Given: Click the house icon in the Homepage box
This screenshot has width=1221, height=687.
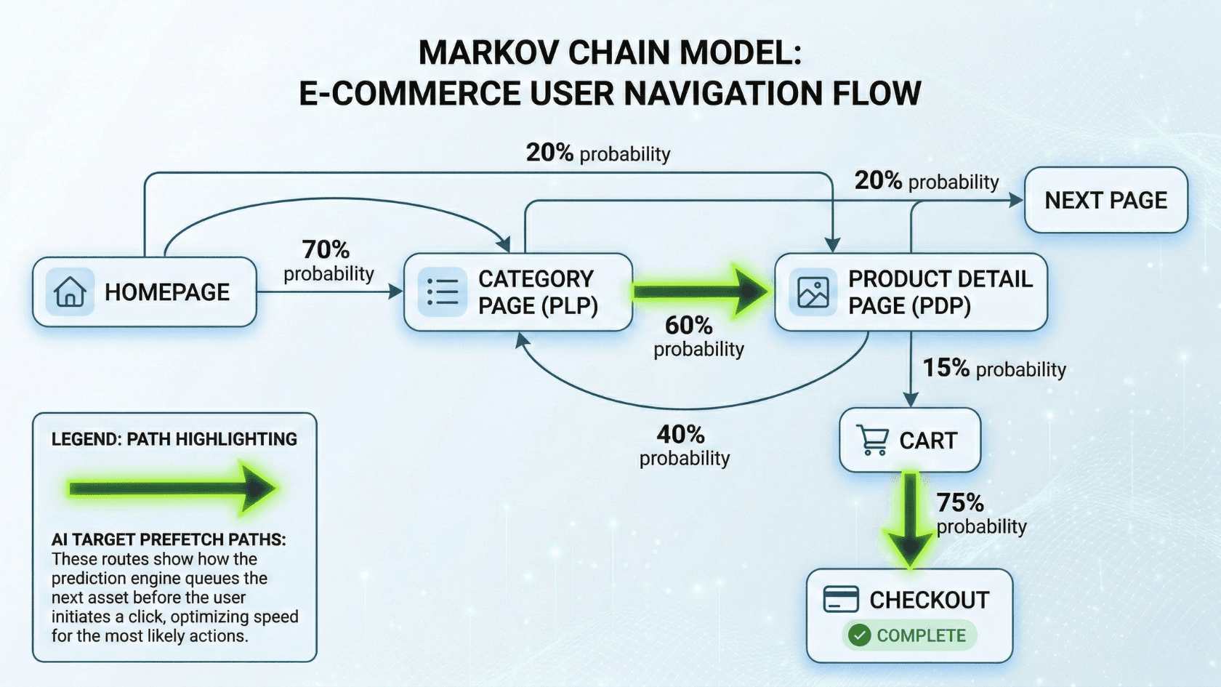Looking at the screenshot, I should click(70, 292).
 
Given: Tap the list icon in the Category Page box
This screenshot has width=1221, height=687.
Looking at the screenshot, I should click(442, 292).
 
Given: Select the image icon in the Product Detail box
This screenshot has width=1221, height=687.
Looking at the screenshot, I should click(813, 292).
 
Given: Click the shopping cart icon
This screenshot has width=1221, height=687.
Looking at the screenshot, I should click(872, 440).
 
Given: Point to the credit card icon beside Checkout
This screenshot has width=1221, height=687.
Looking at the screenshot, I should click(841, 599).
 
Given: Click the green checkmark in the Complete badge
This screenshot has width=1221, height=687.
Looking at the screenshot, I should click(860, 635).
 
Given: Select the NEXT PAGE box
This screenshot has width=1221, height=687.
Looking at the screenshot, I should click(1105, 200).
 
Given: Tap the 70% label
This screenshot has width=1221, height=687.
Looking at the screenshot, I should click(326, 250).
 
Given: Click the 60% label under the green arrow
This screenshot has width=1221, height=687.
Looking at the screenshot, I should click(688, 326).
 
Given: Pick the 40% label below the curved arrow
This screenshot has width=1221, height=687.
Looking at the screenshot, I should click(680, 435).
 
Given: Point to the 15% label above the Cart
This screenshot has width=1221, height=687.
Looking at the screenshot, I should click(946, 368).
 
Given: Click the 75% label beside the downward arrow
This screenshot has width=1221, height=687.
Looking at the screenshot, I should click(959, 503).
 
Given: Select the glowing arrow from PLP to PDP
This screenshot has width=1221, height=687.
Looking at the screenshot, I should click(698, 292).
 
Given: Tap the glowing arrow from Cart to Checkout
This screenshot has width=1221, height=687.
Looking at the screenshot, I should click(909, 518).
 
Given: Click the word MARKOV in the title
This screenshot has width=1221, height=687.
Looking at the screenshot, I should click(488, 53).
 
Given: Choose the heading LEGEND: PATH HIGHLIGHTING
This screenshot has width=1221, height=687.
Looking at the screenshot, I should click(174, 439).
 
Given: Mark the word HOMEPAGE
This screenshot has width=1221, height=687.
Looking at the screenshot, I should click(167, 292).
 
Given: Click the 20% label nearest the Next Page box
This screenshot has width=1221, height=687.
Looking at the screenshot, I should click(878, 180).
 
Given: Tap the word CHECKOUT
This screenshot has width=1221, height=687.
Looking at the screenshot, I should click(929, 600).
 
